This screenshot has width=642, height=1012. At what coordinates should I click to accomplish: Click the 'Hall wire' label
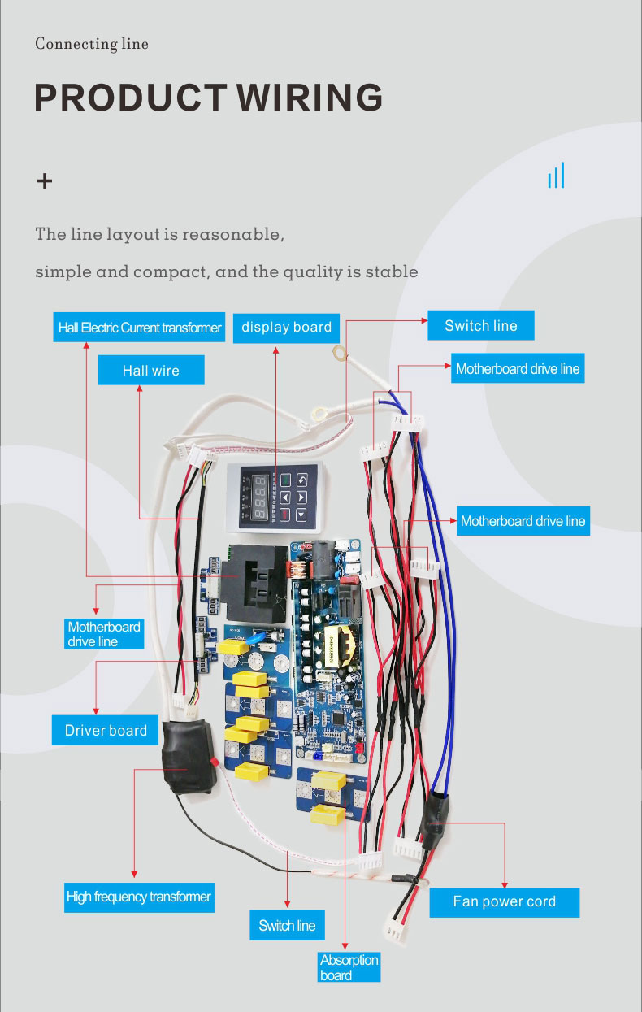coord(150,371)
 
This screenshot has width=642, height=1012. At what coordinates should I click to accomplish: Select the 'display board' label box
coord(286,328)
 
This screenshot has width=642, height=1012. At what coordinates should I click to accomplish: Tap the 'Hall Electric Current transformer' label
coord(140,328)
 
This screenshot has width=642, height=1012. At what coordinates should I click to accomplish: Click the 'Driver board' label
coord(106,730)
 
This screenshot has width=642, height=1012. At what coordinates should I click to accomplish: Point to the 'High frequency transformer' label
coord(138,897)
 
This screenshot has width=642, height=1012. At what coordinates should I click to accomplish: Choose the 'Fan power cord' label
coord(504,901)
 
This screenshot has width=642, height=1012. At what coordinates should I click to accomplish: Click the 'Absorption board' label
coord(349,967)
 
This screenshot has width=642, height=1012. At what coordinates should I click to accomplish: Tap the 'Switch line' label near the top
coord(480,326)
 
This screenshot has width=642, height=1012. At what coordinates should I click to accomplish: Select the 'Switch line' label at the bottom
coord(287,925)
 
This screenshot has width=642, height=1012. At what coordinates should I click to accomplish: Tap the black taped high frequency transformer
coord(189,756)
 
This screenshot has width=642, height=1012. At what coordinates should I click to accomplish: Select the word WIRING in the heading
coord(310,98)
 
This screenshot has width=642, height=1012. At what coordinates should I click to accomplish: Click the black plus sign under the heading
coord(45,180)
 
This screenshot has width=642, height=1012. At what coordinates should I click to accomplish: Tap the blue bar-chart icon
coord(556,176)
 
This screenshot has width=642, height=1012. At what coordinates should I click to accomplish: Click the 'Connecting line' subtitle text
coord(92,44)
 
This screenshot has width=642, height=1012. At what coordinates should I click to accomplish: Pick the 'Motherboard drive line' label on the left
coord(104,634)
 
